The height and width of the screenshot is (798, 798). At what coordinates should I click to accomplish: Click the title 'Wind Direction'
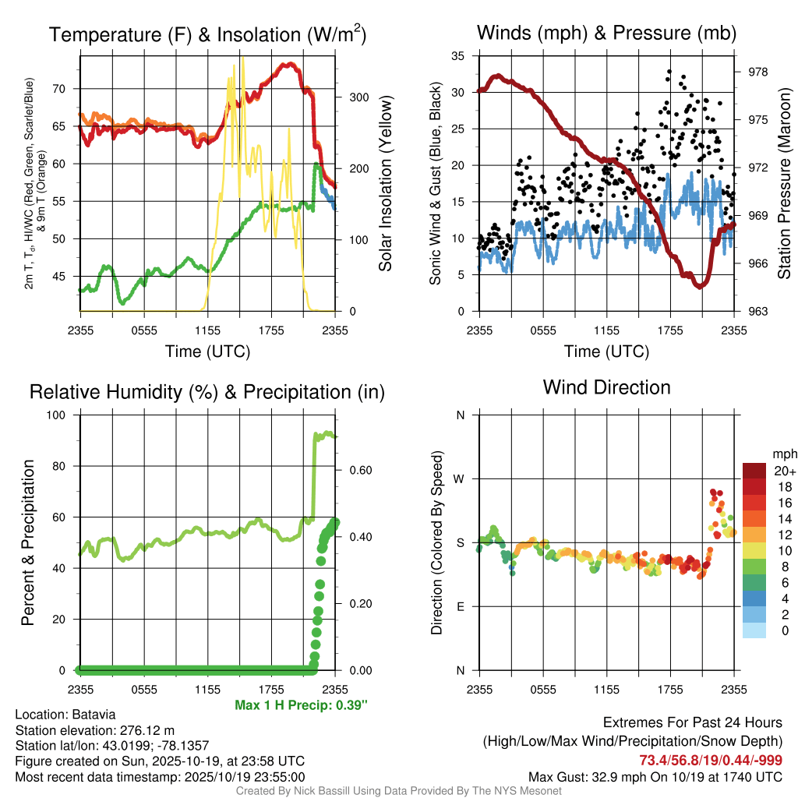606,387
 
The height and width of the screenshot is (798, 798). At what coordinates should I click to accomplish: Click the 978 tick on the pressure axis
758,72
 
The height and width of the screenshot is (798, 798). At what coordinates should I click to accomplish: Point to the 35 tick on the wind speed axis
457,56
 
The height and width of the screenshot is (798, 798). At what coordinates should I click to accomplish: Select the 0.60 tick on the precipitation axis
360,470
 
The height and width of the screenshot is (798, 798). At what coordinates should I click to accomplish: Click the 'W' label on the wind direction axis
460,478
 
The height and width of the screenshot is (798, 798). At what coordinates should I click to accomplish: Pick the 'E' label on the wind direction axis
460,606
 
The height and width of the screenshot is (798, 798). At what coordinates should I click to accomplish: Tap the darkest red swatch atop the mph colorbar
754,471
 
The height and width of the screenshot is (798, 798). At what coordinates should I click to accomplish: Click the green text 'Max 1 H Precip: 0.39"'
301,704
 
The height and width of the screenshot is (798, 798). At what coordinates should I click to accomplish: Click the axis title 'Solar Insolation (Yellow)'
384,183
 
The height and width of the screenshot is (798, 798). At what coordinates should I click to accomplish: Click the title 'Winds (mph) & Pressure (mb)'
606,34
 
